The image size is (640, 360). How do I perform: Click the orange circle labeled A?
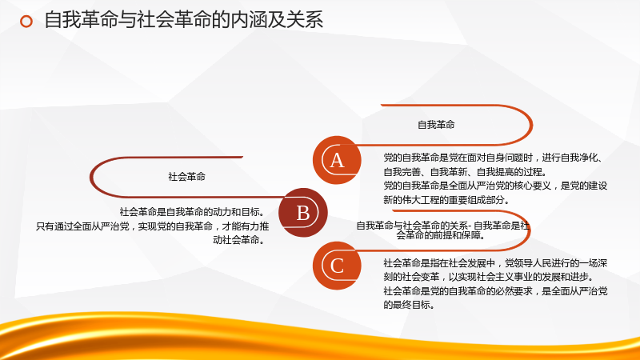tap(337, 160)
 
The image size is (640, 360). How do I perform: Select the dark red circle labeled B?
tap(303, 213)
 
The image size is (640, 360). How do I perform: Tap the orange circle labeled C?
tap(337, 266)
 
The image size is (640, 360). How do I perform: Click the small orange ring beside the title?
tap(26, 22)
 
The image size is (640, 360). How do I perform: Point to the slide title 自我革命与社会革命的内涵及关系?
tap(184, 20)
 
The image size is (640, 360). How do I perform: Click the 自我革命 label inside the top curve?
tap(436, 125)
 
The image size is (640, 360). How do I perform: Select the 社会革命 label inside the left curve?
tap(186, 177)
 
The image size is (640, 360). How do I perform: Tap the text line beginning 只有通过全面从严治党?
tap(152, 226)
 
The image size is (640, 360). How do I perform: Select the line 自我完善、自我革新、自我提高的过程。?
tap(466, 172)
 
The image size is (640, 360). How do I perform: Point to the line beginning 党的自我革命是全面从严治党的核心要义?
tap(495, 186)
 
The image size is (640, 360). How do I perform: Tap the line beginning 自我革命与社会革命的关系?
tap(443, 226)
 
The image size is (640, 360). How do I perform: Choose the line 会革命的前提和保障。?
tap(442, 235)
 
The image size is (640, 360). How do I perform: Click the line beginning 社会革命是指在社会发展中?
tap(495, 263)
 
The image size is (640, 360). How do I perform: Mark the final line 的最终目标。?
tap(410, 305)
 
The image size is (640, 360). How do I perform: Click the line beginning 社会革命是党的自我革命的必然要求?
tap(495, 291)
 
